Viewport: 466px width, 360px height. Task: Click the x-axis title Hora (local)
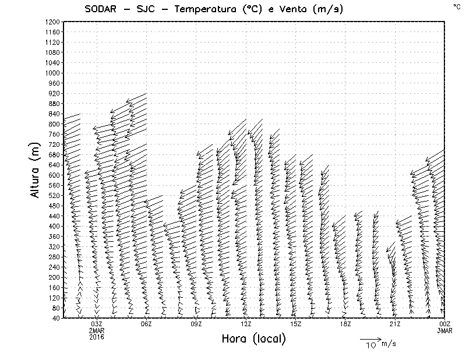click(254, 338)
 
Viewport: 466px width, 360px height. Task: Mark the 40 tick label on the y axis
click(56, 317)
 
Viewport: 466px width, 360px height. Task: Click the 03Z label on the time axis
click(97, 324)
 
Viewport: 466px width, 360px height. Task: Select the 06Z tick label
click(146, 324)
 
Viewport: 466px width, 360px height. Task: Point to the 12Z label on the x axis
click(246, 324)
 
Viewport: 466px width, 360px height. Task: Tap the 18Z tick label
click(345, 324)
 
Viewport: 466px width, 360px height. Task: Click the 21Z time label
click(395, 324)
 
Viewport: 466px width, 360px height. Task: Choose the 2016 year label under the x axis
click(97, 337)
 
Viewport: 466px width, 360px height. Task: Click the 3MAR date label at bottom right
click(444, 330)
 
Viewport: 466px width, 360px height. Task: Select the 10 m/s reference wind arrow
click(370, 338)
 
